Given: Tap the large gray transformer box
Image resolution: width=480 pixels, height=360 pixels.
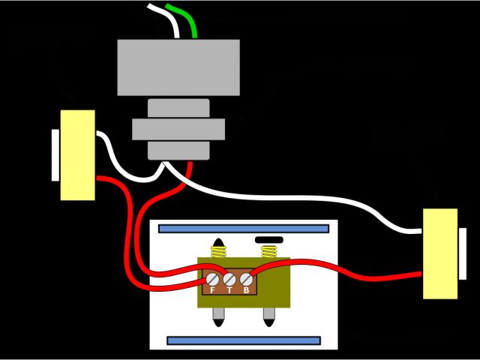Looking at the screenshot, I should click(178, 67).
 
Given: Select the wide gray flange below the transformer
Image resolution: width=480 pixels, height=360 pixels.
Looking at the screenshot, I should click(178, 129).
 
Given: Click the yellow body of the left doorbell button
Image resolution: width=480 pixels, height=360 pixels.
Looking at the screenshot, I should click(78, 154).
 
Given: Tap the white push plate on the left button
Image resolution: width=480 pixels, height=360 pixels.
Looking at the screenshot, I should click(55, 154).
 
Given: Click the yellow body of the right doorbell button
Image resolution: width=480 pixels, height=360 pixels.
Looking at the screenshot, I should click(440, 253).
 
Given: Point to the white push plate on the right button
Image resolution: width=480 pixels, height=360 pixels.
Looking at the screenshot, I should click(463, 253).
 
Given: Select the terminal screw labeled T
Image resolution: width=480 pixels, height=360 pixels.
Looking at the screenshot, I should click(229, 279).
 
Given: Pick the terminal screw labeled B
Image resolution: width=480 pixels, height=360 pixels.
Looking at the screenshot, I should click(245, 279).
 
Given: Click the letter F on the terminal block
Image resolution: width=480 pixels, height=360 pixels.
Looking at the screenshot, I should click(213, 290).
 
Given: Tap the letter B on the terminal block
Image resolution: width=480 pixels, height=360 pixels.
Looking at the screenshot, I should click(245, 290).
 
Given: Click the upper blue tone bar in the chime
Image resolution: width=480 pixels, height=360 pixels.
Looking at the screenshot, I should click(244, 228).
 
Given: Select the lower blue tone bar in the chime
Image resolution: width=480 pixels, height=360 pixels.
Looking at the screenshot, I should click(244, 340).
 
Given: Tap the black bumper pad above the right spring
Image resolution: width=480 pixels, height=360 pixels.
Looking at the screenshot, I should click(269, 240).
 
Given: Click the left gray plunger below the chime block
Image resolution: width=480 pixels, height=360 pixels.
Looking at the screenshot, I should click(219, 316).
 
